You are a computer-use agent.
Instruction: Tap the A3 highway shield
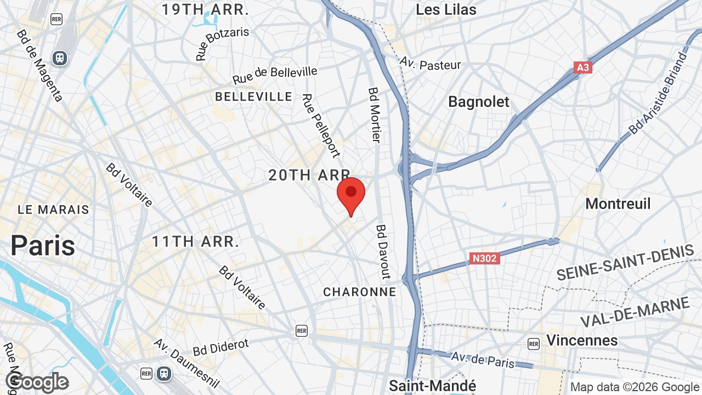tap(582, 67)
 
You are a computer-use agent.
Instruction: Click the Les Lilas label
tap(446, 9)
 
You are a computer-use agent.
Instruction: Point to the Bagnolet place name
tap(478, 101)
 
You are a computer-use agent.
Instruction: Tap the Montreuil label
tap(618, 204)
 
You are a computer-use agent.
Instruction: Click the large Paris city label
tap(43, 245)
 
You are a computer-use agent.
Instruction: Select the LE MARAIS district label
tap(53, 210)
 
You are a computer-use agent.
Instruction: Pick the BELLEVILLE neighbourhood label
tap(253, 97)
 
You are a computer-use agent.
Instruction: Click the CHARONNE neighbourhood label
tap(359, 292)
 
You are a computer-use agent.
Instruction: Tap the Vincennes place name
tap(582, 340)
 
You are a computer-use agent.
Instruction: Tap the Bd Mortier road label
tap(375, 115)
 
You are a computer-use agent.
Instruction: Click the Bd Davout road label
tap(383, 251)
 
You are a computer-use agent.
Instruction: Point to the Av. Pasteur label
tap(430, 64)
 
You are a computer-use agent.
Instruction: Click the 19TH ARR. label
tap(205, 9)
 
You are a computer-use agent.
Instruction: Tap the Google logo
tap(37, 382)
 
